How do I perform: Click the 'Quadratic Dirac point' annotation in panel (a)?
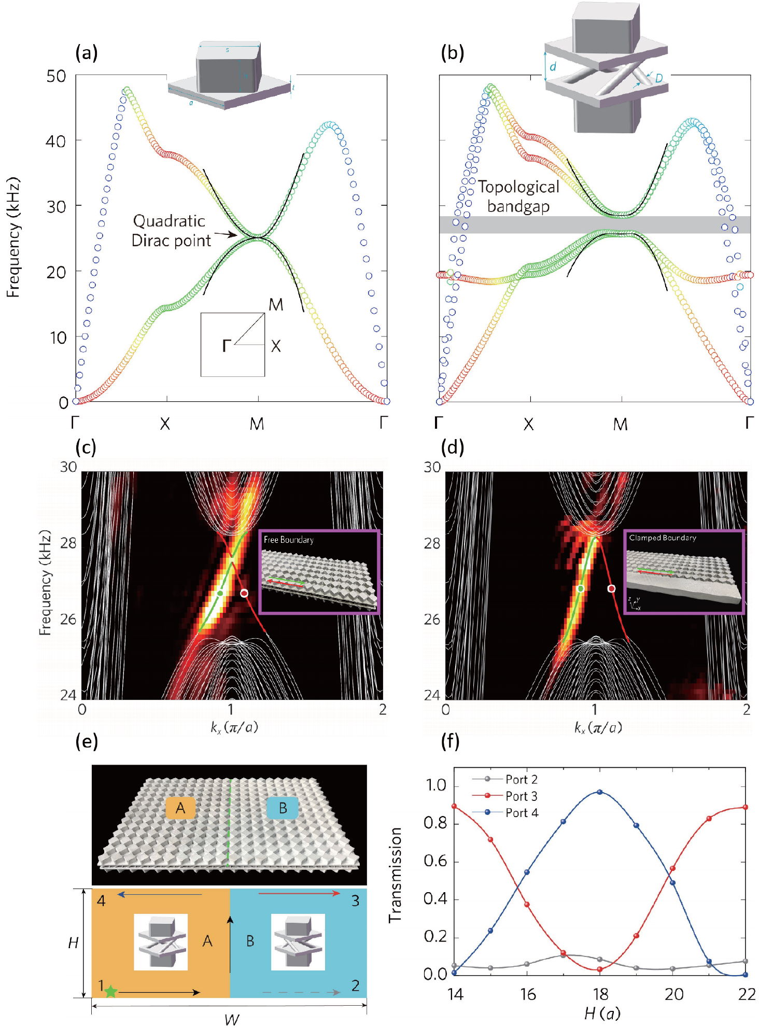171,230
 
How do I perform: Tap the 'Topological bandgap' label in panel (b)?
518,196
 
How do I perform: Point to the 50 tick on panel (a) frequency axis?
56,77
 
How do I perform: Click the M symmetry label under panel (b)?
620,425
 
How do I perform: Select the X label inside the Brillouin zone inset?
276,346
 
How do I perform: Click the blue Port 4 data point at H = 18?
600,792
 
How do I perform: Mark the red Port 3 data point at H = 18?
600,969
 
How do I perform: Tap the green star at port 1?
110,991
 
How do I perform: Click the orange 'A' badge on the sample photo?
180,808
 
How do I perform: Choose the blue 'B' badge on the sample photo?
283,808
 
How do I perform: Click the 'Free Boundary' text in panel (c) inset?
288,540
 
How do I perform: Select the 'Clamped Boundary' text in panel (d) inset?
662,538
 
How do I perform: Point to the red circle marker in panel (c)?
244,593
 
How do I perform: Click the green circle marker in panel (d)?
581,588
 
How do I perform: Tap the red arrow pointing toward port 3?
299,893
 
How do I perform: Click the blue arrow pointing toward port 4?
159,894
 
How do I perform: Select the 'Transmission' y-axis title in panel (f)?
396,875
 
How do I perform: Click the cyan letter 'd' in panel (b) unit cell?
553,66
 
